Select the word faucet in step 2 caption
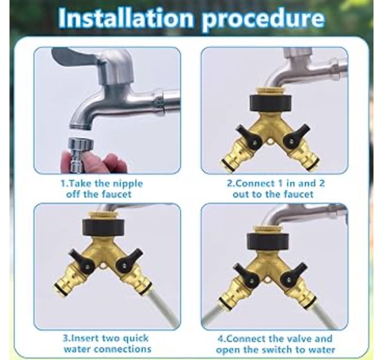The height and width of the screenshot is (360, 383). tap(299, 194)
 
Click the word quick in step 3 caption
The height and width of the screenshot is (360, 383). tap(135, 339)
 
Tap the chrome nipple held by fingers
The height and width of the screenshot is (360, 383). tap(78, 153)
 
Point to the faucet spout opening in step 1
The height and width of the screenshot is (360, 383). tap(81, 126)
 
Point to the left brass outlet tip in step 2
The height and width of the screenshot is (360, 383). tap(226, 163)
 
